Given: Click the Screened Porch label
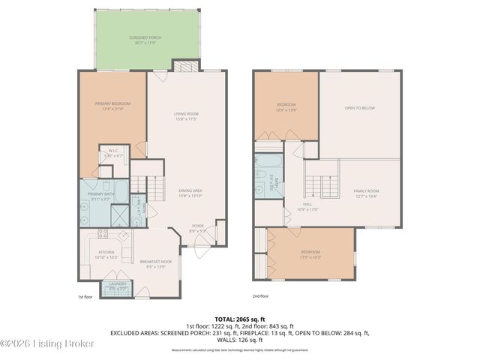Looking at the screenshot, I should tap(147, 37).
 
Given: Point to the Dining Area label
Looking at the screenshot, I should tap(190, 193).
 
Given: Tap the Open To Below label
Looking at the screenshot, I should tap(359, 108).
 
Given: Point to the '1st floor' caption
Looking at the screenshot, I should tap(86, 296).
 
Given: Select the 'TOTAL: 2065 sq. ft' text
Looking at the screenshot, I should tap(239, 319).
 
